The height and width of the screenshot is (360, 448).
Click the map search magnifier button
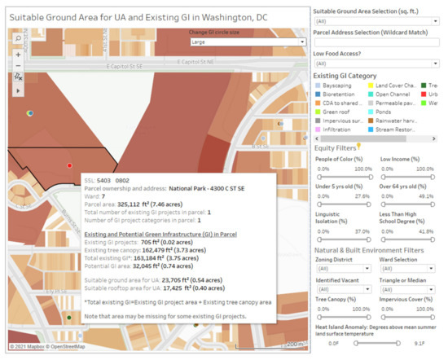[19, 37]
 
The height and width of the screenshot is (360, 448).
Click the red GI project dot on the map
[69, 165]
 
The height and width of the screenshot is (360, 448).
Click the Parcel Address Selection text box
[376, 42]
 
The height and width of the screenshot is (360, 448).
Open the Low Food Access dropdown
[376, 63]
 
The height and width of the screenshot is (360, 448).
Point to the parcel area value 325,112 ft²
[143, 204]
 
